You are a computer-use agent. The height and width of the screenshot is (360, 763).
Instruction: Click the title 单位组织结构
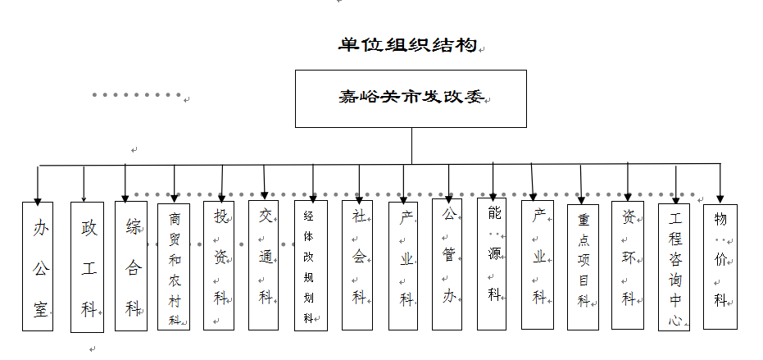pyautogui.click(x=407, y=44)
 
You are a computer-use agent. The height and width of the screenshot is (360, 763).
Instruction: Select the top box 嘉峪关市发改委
pyautogui.click(x=411, y=98)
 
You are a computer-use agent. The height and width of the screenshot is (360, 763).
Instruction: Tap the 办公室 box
pyautogui.click(x=38, y=266)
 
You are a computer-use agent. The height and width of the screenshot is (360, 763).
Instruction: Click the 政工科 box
pyautogui.click(x=88, y=266)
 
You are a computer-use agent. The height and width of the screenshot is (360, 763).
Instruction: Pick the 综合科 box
pyautogui.click(x=131, y=266)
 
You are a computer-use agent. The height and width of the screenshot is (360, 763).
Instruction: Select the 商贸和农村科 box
pyautogui.click(x=174, y=267)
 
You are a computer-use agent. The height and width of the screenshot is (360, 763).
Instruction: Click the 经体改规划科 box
pyautogui.click(x=311, y=266)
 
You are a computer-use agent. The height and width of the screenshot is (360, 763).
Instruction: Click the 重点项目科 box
pyautogui.click(x=583, y=267)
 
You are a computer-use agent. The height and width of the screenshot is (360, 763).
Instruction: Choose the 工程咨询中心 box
pyautogui.click(x=674, y=267)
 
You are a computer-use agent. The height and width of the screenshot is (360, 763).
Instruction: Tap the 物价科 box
pyautogui.click(x=720, y=266)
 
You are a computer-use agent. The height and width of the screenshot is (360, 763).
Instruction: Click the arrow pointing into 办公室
pyautogui.click(x=37, y=185)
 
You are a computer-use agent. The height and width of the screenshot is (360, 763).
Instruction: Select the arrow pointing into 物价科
pyautogui.click(x=720, y=184)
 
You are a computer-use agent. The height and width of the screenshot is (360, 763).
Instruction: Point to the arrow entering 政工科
pyautogui.click(x=84, y=184)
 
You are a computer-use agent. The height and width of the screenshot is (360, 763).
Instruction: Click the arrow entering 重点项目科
pyautogui.click(x=581, y=185)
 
